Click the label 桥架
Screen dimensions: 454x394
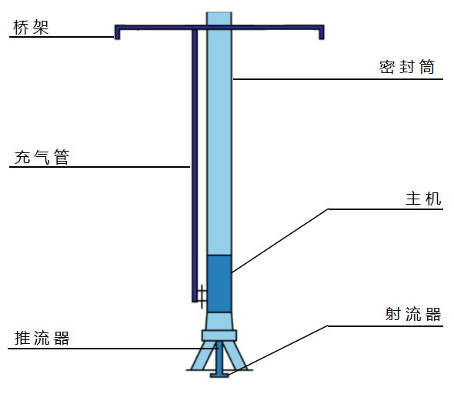[x=31, y=28]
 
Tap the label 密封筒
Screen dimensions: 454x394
[x=407, y=67]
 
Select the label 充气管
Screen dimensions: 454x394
[x=42, y=157]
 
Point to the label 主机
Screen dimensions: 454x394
[x=423, y=199]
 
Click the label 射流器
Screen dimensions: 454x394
[x=413, y=314]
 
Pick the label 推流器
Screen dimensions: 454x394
[x=42, y=338]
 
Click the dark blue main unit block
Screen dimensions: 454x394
[x=219, y=284]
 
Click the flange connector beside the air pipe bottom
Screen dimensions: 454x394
[x=202, y=296]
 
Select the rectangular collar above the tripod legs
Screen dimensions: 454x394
[x=219, y=336]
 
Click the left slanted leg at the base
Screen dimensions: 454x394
[x=202, y=356]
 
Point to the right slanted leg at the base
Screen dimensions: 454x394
[x=236, y=356]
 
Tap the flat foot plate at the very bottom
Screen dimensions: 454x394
[x=219, y=376]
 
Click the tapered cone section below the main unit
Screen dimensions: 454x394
[x=219, y=321]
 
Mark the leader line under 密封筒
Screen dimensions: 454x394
[x=338, y=79]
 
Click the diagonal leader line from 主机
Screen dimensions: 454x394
[x=280, y=241]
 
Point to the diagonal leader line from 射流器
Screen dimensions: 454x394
[x=278, y=351]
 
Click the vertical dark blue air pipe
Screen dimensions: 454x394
[x=195, y=165]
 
